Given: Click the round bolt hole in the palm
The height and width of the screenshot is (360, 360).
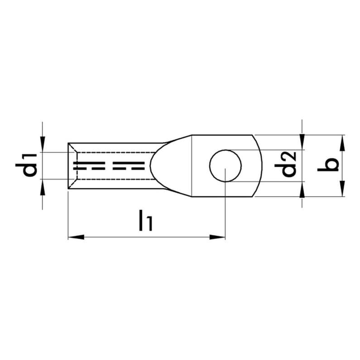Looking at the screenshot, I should pyautogui.click(x=225, y=166).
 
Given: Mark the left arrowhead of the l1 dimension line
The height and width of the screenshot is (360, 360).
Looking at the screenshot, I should pyautogui.click(x=74, y=236).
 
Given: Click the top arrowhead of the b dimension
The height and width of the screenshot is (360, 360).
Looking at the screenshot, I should pyautogui.click(x=342, y=142).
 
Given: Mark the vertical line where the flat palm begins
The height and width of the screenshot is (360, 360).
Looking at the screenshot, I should pyautogui.click(x=192, y=166).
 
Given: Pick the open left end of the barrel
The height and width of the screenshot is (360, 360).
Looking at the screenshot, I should pyautogui.click(x=68, y=166).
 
